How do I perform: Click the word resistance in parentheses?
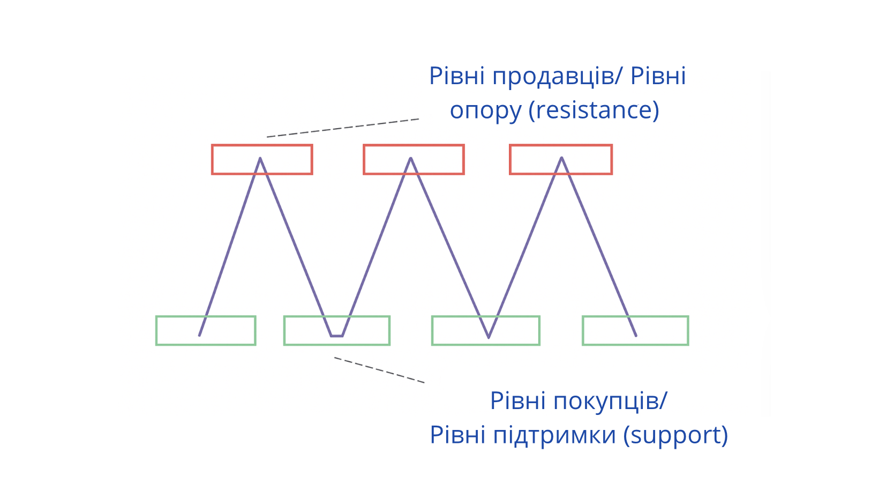pos(594,110)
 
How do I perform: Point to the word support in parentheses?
pos(675,435)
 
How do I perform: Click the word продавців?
pos(552,76)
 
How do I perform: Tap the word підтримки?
pos(554,435)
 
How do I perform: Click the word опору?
pos(485,111)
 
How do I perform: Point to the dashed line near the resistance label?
pos(343,128)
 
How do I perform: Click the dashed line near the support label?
pos(379,370)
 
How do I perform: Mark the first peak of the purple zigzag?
pos(260,159)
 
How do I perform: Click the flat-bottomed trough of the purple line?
pos(337,336)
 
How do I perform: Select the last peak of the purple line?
pos(561,158)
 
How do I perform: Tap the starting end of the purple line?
pos(200,335)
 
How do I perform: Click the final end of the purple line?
pos(635,335)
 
